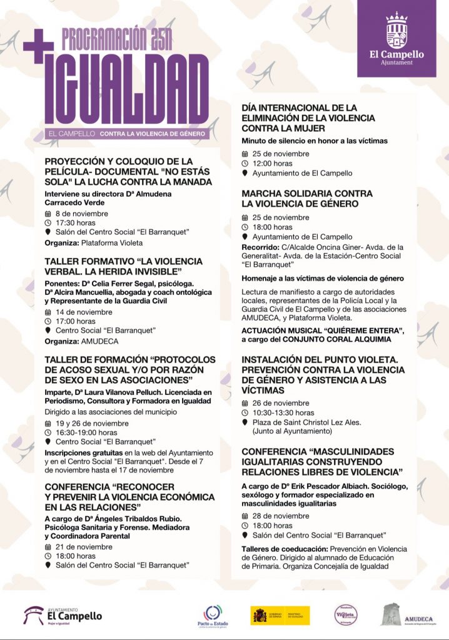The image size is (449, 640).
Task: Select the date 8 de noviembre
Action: pyautogui.click(x=81, y=213)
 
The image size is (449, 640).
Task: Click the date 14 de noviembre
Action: pyautogui.click(x=84, y=312)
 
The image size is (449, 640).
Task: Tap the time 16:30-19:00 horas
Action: pyautogui.click(x=86, y=432)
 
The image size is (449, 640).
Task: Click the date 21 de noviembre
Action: pyautogui.click(x=84, y=546)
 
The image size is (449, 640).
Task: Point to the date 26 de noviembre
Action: pyautogui.click(x=280, y=403)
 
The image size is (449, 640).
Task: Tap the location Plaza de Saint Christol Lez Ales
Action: pyautogui.click(x=306, y=422)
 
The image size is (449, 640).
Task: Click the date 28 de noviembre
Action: pyautogui.click(x=280, y=516)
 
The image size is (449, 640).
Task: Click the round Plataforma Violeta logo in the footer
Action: pyautogui.click(x=346, y=615)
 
